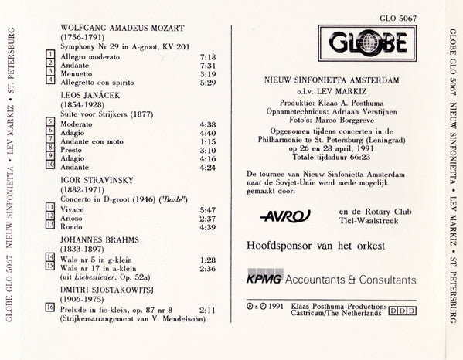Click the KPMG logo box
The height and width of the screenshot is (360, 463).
[x=264, y=277]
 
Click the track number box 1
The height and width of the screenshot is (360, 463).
[x=50, y=56]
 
